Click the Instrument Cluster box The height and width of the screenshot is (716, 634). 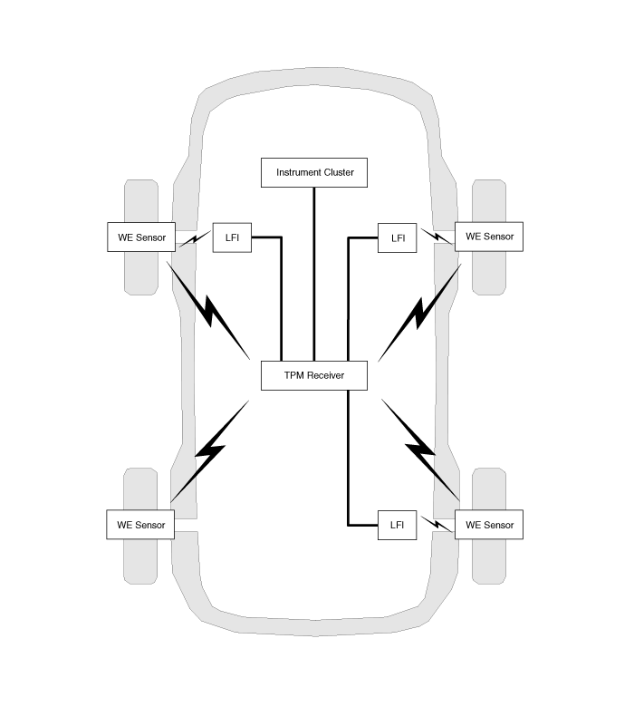(314, 172)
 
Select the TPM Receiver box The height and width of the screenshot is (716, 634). (314, 375)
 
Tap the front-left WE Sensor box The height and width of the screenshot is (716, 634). (141, 237)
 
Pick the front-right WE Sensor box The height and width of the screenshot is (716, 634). (489, 237)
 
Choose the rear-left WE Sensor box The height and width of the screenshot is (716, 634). (140, 525)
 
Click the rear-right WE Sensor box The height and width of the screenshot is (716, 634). (489, 525)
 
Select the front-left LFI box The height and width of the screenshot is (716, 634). (232, 237)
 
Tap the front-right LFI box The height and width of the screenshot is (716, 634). (397, 237)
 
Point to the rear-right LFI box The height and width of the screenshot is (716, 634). (397, 525)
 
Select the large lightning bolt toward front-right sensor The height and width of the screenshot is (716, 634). (419, 314)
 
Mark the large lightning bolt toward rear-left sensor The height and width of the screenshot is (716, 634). (209, 451)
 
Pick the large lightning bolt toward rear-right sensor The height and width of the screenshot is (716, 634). (420, 450)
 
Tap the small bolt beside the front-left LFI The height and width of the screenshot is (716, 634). (195, 238)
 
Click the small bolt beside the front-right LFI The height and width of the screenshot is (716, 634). (437, 237)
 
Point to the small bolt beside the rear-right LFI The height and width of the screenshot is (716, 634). (437, 524)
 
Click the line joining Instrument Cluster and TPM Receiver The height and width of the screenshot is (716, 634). (314, 274)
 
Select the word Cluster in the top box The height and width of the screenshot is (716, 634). (339, 172)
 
